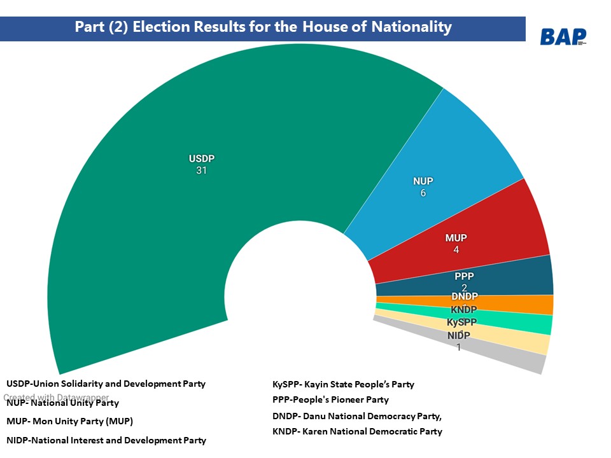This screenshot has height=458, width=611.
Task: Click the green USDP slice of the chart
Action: pos(159,210)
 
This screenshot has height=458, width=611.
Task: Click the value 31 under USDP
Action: pos(202,170)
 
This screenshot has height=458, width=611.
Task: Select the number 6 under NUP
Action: pos(423,193)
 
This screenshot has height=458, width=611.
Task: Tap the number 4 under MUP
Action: pos(456,250)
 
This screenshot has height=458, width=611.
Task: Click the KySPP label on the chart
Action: pos(461,323)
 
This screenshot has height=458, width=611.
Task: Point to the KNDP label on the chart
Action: pos(463,310)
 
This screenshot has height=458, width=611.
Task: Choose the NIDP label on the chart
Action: pos(458,335)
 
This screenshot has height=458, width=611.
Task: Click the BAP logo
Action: pos(563,37)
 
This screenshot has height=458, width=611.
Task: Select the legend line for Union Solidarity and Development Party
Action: pos(106,384)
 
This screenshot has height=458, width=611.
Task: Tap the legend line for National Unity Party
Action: pos(62,403)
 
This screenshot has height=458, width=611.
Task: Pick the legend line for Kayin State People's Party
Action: pos(343,384)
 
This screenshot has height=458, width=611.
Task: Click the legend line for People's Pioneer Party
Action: pos(330,400)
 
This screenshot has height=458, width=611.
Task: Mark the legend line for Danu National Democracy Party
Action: pos(356,416)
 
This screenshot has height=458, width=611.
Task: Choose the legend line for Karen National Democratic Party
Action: pos(357,431)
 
